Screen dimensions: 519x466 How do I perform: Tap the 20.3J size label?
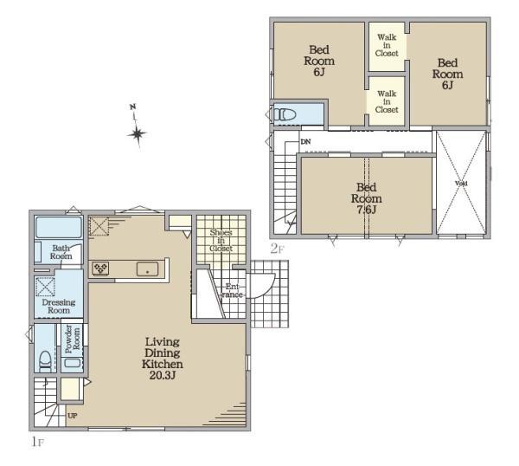(163, 376)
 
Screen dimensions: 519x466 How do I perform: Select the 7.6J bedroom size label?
(367, 210)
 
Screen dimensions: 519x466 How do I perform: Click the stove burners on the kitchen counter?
(100, 269)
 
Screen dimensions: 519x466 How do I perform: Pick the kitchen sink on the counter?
(148, 269)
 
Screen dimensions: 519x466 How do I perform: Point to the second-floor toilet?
(285, 114)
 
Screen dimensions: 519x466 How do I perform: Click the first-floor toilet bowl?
(45, 361)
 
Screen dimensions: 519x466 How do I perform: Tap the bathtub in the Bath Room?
(59, 227)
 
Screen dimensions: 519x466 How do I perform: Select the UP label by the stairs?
(73, 416)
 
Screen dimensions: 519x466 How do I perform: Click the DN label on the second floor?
(305, 142)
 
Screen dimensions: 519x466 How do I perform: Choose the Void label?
(461, 184)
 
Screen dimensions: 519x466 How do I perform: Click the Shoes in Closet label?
(221, 240)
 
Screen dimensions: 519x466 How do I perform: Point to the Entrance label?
(233, 290)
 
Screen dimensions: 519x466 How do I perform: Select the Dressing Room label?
(59, 307)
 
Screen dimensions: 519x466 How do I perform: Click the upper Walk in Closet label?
(387, 45)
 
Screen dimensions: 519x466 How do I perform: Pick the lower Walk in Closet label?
(387, 101)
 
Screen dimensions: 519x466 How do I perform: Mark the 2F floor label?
(278, 249)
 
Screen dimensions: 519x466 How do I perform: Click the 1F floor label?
(38, 442)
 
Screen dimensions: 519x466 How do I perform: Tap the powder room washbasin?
(73, 362)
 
